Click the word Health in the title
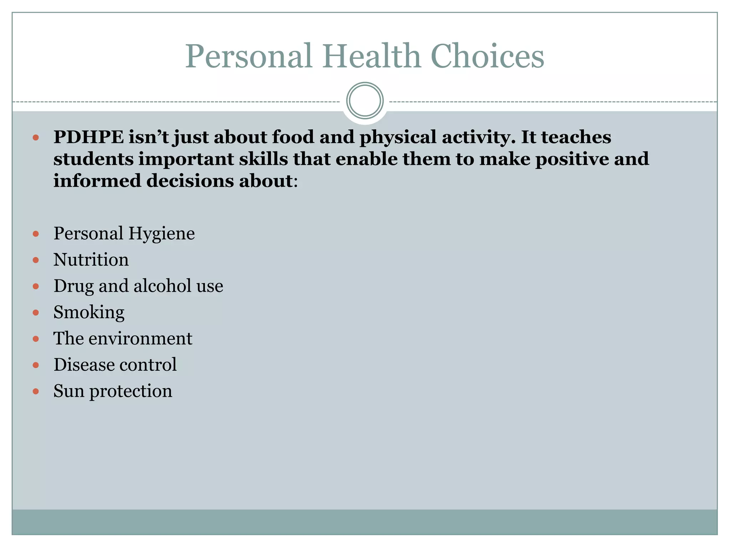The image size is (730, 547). click(x=372, y=56)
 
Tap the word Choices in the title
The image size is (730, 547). click(x=487, y=56)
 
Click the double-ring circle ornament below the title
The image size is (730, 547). click(x=365, y=101)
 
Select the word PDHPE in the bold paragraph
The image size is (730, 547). click(x=88, y=137)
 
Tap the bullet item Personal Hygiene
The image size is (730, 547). click(x=124, y=234)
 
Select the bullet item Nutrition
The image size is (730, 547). click(x=91, y=260)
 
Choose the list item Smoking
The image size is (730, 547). click(x=89, y=312)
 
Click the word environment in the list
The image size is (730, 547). click(x=140, y=339)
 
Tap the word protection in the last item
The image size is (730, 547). click(x=130, y=391)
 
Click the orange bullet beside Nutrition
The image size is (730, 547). click(x=36, y=260)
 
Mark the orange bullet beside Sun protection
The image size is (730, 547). click(x=36, y=391)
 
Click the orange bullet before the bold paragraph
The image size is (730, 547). click(x=36, y=137)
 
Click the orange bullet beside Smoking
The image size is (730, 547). click(x=36, y=313)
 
